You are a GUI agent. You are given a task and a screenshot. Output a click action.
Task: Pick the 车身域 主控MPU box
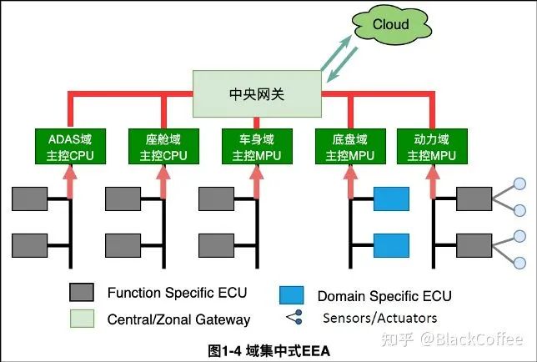point(254,147)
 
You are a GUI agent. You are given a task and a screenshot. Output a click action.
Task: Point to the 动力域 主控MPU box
point(432,147)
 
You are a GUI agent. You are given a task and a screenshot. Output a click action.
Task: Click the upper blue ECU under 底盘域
point(391,200)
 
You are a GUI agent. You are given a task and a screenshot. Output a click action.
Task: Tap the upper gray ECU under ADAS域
point(30,200)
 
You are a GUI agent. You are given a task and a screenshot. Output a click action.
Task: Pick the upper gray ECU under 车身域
point(216,200)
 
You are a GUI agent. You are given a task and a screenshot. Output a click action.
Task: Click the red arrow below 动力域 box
point(432,179)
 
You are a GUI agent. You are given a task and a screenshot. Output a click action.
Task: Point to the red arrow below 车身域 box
point(254,179)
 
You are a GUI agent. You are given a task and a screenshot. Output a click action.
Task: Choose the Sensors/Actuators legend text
point(379,318)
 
